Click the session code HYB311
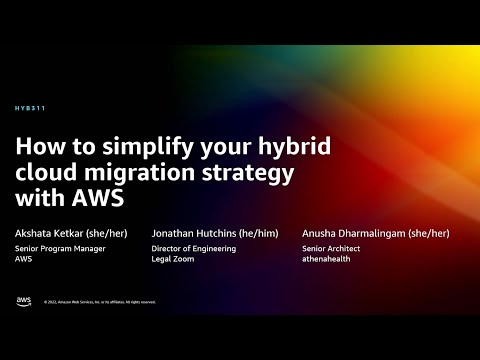(x=30, y=107)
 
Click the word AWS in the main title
(x=99, y=198)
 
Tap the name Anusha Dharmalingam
(x=350, y=232)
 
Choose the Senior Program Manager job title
(x=59, y=247)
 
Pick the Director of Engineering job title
(x=194, y=247)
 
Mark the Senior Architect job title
(x=331, y=247)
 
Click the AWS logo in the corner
(x=23, y=300)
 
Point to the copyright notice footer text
(x=100, y=301)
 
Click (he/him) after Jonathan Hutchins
(x=260, y=232)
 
